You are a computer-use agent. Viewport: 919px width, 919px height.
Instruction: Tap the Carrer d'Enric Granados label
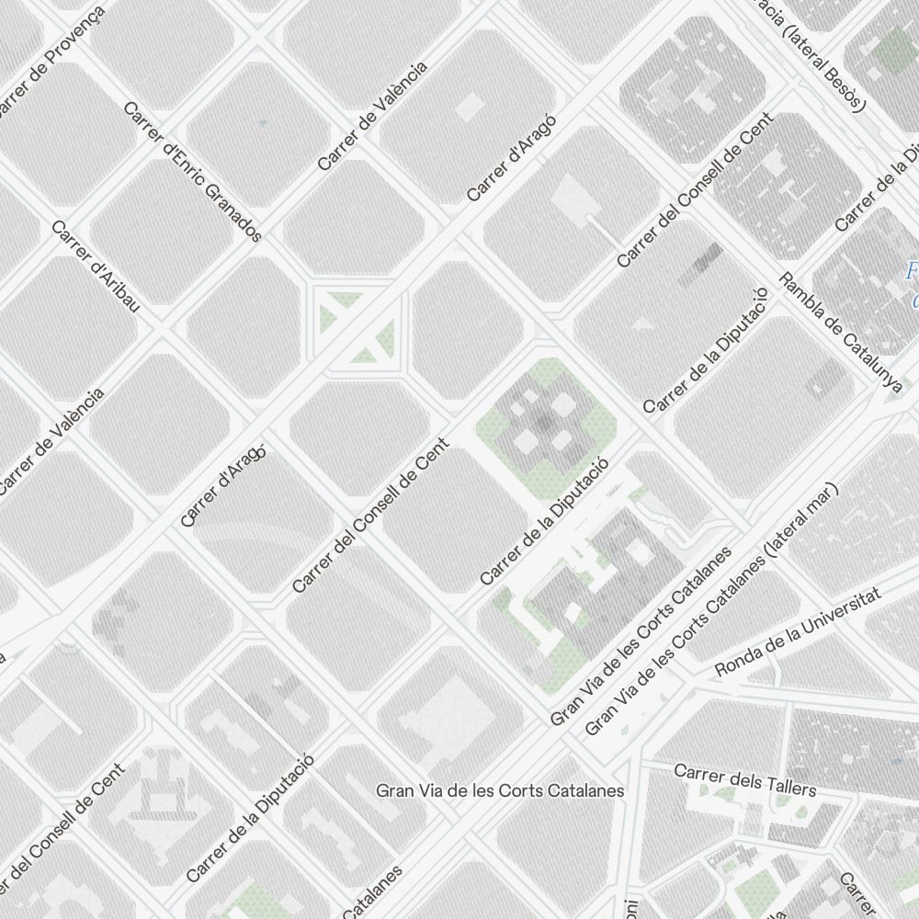point(193,172)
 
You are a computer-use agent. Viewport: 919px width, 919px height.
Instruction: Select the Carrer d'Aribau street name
point(96,267)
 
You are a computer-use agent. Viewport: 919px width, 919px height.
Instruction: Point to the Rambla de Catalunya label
point(841,334)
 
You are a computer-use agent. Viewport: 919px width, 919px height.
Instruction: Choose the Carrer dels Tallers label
point(744,780)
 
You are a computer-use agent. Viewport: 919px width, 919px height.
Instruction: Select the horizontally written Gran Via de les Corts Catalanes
point(501,790)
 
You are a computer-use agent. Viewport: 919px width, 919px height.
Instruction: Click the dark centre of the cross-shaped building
point(545,424)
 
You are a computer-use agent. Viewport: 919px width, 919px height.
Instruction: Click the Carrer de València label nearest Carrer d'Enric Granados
point(372,116)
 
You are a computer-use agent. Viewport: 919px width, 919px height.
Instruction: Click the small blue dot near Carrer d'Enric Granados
point(263,122)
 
